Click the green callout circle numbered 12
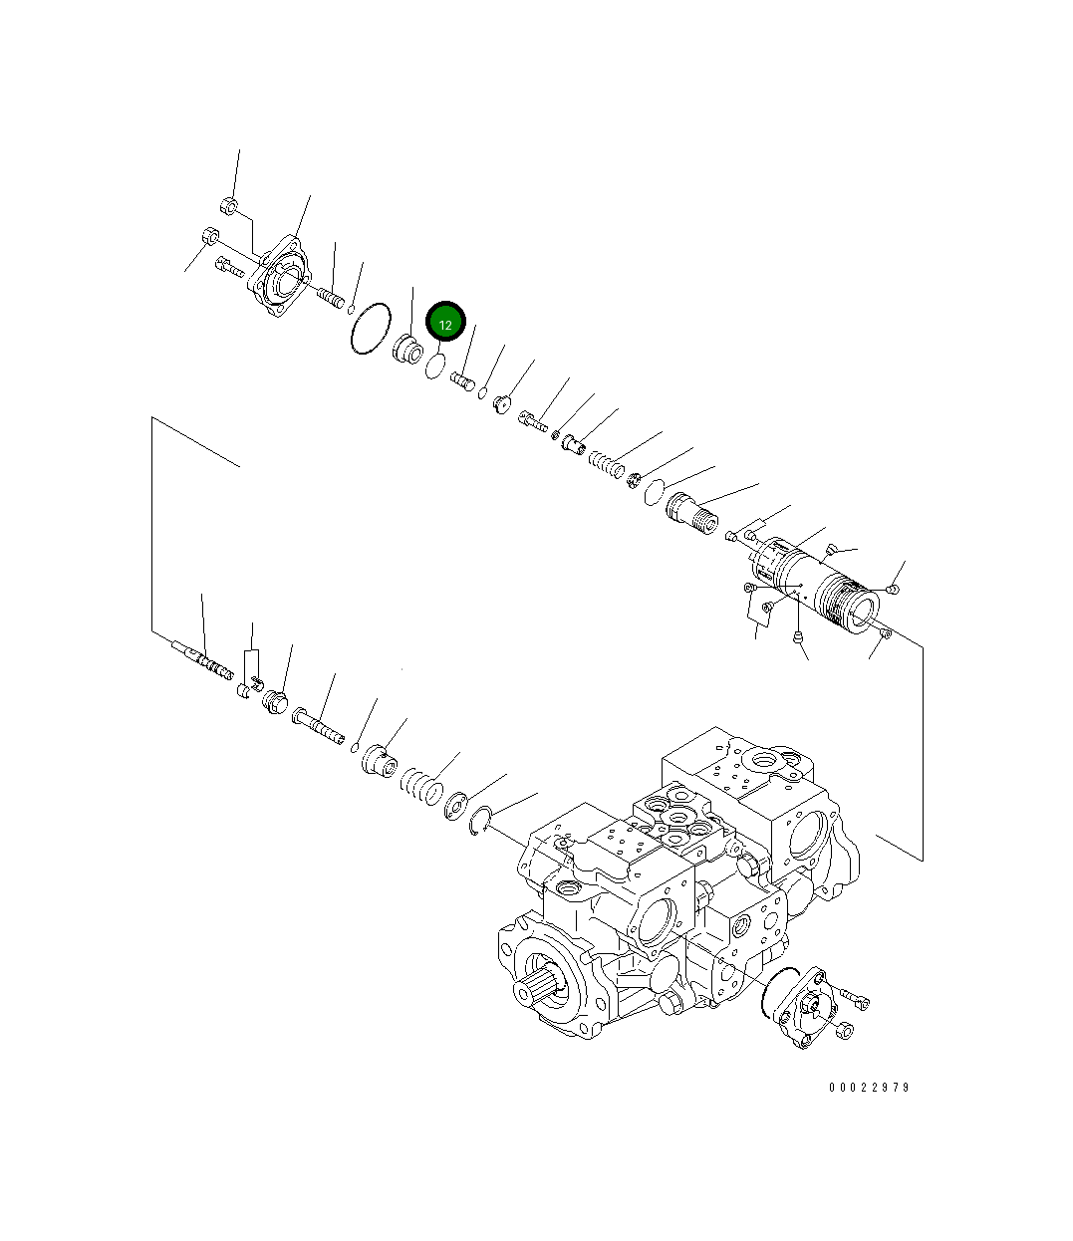coord(445,324)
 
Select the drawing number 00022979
coord(869,1088)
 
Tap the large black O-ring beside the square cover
coord(370,328)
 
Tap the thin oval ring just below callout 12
coord(435,367)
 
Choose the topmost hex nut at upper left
coord(227,207)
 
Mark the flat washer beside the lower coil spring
coord(457,804)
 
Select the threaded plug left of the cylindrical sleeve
coord(691,514)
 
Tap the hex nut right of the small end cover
coord(846,1031)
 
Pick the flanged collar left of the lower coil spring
coord(377,761)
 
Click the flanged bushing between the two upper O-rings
coord(407,350)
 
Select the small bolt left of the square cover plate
coord(229,266)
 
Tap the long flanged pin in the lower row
coord(318,724)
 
